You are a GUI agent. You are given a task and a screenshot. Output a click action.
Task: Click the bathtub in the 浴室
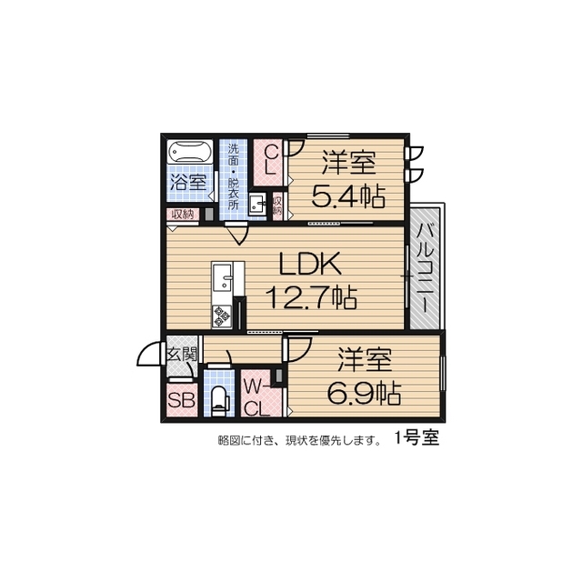pos(188,151)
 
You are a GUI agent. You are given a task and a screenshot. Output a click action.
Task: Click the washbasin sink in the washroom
pos(256,205)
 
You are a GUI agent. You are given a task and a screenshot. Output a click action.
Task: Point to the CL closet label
pos(270,162)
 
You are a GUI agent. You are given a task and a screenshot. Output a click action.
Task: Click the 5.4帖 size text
pos(346,196)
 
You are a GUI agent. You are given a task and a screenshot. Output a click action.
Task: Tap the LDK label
pos(309,266)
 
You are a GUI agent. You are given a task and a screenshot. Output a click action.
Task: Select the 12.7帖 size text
pos(309,296)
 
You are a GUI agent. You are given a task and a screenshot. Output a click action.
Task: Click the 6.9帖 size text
pos(365,393)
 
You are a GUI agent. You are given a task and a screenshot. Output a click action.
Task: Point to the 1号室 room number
pos(416,437)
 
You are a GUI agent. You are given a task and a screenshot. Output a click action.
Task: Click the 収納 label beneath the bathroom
pos(181,215)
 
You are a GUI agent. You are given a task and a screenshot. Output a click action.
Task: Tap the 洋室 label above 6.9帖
pos(366,361)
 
